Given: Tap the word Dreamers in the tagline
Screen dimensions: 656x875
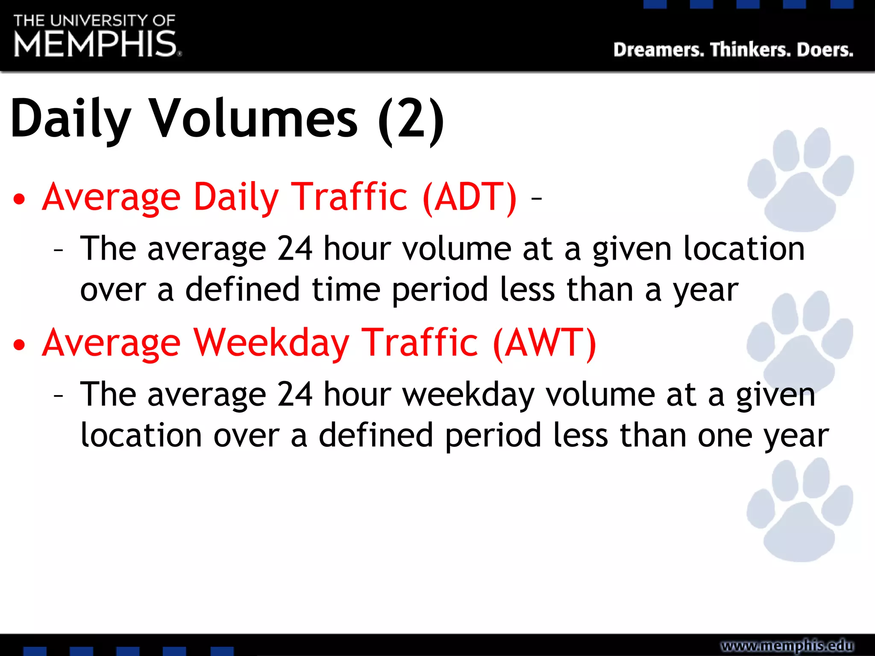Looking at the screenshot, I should [x=658, y=50].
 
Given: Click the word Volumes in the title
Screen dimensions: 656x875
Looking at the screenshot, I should [x=255, y=119].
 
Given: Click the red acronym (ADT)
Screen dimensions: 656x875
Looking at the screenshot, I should [x=470, y=197].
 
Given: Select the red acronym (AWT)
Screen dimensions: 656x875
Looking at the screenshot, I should [x=544, y=343].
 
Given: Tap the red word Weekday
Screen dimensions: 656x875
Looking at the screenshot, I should [x=272, y=343].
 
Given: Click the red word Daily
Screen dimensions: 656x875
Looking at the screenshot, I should [x=236, y=197].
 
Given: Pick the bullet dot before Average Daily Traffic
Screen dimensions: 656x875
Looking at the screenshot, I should [x=19, y=199].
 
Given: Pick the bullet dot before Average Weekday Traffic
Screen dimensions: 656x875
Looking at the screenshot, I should [x=19, y=345].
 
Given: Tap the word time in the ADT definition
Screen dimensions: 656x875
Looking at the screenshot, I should [x=346, y=290].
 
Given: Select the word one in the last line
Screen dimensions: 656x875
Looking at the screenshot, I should [x=725, y=436].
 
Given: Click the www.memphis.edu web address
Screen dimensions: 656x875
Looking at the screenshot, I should [x=787, y=645].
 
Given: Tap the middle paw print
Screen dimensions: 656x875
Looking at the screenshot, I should [x=799, y=342].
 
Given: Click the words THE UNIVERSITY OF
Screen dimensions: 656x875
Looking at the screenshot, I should [x=94, y=20].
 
